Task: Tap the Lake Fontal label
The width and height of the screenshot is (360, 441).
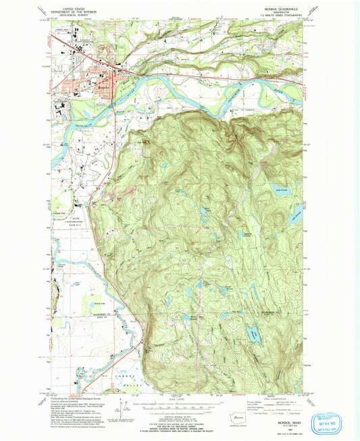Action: point(273,191)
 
